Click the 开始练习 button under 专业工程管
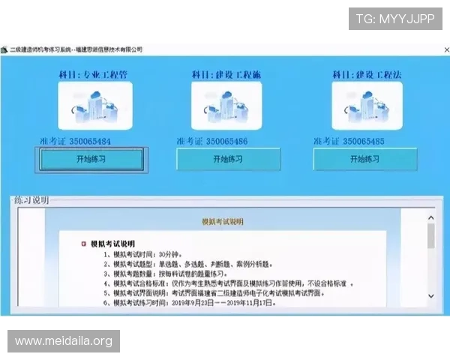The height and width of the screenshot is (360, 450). [90, 159]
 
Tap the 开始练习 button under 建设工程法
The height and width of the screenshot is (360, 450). [364, 159]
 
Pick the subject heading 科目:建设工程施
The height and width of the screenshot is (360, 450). [226, 75]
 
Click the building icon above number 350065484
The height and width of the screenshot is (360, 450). [94, 106]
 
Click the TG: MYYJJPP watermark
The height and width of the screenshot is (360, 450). [395, 19]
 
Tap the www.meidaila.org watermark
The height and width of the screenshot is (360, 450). [63, 341]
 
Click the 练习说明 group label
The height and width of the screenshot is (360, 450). [31, 200]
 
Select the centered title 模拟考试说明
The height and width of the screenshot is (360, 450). [223, 222]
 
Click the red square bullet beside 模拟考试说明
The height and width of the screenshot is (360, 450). [83, 244]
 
